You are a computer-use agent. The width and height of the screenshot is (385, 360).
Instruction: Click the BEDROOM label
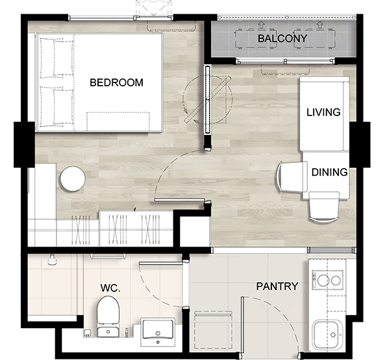click(116, 82)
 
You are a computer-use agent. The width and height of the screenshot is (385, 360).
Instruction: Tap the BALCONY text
click(282, 38)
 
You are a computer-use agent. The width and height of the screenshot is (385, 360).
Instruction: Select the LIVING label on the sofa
click(323, 112)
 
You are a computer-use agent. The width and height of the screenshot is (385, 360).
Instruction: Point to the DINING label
click(330, 173)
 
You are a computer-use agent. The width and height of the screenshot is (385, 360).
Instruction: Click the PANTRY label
click(277, 287)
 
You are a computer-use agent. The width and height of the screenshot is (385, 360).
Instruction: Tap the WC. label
click(110, 288)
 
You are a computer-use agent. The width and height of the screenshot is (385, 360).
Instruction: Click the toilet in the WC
click(108, 317)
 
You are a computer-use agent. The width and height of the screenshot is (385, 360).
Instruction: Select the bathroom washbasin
click(158, 332)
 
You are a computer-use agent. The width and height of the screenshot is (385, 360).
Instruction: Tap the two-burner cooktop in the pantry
click(327, 280)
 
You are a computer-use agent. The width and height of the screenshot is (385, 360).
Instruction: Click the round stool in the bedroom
click(73, 179)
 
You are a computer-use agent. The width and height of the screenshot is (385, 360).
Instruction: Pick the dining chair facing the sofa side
click(292, 176)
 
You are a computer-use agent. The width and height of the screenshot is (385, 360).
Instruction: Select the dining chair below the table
click(324, 208)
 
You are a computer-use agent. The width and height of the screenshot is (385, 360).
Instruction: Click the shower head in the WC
click(52, 260)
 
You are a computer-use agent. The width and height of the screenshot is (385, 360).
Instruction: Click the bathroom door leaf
click(161, 263)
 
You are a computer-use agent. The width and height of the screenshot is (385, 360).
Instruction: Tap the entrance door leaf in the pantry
click(242, 325)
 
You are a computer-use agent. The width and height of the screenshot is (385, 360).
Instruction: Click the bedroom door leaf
click(179, 200)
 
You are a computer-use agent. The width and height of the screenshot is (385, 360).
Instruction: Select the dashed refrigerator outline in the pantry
click(214, 330)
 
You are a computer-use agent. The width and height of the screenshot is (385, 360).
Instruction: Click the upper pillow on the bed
click(56, 58)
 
